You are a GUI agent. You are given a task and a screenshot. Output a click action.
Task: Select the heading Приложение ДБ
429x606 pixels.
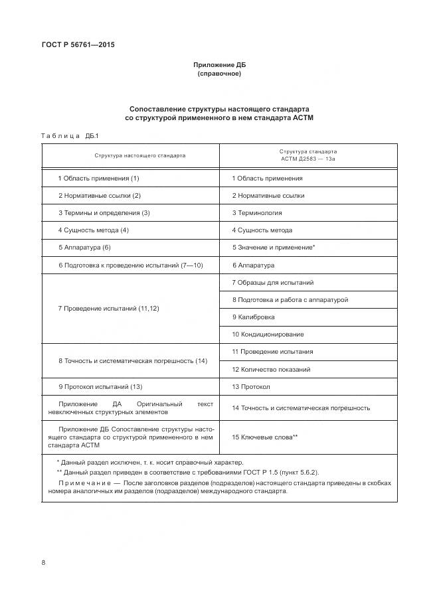click(x=219, y=64)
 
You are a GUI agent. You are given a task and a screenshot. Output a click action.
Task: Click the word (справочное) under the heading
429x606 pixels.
click(x=219, y=74)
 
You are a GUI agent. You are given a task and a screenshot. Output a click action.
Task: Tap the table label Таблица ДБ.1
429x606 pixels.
click(x=70, y=136)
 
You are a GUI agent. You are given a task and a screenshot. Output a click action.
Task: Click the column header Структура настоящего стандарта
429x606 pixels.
click(x=130, y=155)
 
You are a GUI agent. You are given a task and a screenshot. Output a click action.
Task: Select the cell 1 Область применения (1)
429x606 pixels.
click(x=98, y=178)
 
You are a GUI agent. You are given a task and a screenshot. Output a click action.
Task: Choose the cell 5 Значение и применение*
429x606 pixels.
click(x=273, y=247)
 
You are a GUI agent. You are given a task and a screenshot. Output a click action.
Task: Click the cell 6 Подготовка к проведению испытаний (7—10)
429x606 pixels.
click(x=129, y=265)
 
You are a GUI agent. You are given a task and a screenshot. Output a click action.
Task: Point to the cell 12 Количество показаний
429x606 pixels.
click(x=271, y=369)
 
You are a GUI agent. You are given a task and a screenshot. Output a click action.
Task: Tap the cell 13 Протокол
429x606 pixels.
click(x=251, y=386)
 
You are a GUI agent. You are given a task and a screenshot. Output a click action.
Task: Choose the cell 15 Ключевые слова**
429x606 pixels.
click(x=264, y=437)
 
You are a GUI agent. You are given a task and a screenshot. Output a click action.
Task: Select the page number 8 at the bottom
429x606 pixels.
click(x=43, y=562)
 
